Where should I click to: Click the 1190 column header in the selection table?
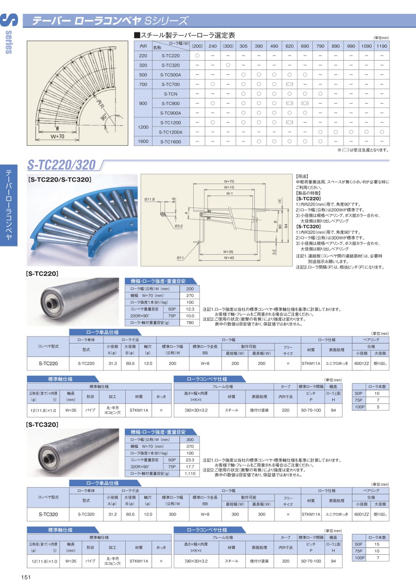tap(382, 46)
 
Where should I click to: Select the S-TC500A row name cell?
tap(171, 75)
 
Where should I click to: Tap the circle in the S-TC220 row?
tap(197, 55)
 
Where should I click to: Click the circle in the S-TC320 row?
tap(228, 65)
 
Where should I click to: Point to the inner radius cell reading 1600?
tap(143, 141)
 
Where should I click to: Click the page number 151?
tap(26, 577)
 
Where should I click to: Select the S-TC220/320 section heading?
tap(61, 165)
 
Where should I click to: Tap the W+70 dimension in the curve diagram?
tap(57, 136)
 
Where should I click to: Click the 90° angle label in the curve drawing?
tap(104, 117)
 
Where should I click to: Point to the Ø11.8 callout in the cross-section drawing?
tap(150, 199)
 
